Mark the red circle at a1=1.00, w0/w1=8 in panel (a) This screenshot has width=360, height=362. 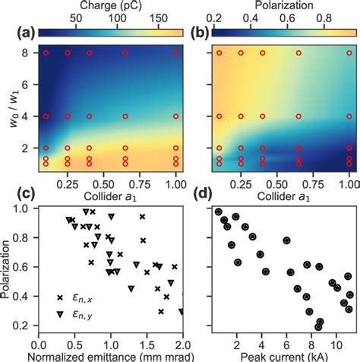[x=176, y=53]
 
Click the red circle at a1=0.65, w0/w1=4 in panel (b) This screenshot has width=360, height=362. [x=298, y=116]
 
